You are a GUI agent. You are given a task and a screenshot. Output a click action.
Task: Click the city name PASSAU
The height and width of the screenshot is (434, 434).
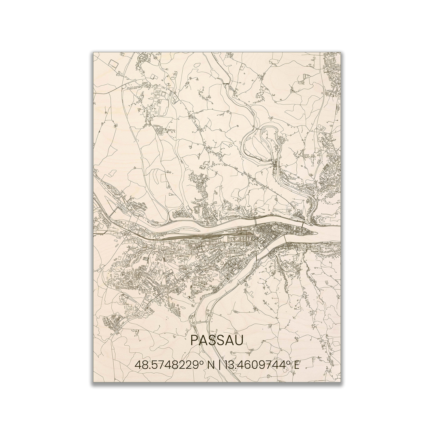[x=217, y=340]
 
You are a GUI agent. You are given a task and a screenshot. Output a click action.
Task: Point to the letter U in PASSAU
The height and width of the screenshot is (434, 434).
[x=239, y=340]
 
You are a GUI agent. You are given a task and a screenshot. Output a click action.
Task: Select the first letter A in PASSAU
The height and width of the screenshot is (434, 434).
[x=203, y=340]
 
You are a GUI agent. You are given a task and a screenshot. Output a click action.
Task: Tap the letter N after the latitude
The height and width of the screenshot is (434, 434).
[x=211, y=365]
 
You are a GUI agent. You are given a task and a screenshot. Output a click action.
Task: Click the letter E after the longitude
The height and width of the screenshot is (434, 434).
[x=296, y=365]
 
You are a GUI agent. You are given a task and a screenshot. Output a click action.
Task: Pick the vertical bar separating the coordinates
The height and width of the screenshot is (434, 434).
[x=219, y=365]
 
